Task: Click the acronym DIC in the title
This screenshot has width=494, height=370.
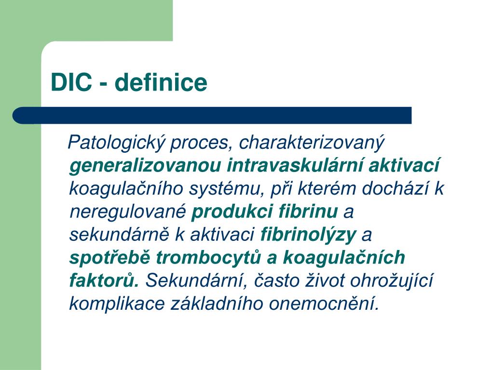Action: pyautogui.click(x=71, y=82)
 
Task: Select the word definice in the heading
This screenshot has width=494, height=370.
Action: pyautogui.click(x=161, y=82)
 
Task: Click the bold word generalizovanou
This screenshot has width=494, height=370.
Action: pyautogui.click(x=145, y=166)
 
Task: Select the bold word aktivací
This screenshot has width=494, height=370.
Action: pyautogui.click(x=404, y=165)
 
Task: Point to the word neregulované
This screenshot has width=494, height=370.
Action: pyautogui.click(x=127, y=212)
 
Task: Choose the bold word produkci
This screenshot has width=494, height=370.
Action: pyautogui.click(x=232, y=212)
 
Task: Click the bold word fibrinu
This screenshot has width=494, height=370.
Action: pyautogui.click(x=308, y=211)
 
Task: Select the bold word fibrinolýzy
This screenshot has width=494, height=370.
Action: pyautogui.click(x=308, y=235)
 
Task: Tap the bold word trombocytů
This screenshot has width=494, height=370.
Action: pyautogui.click(x=208, y=257)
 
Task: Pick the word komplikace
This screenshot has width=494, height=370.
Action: pyautogui.click(x=117, y=304)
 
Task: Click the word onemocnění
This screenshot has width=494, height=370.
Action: pyautogui.click(x=323, y=304)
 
